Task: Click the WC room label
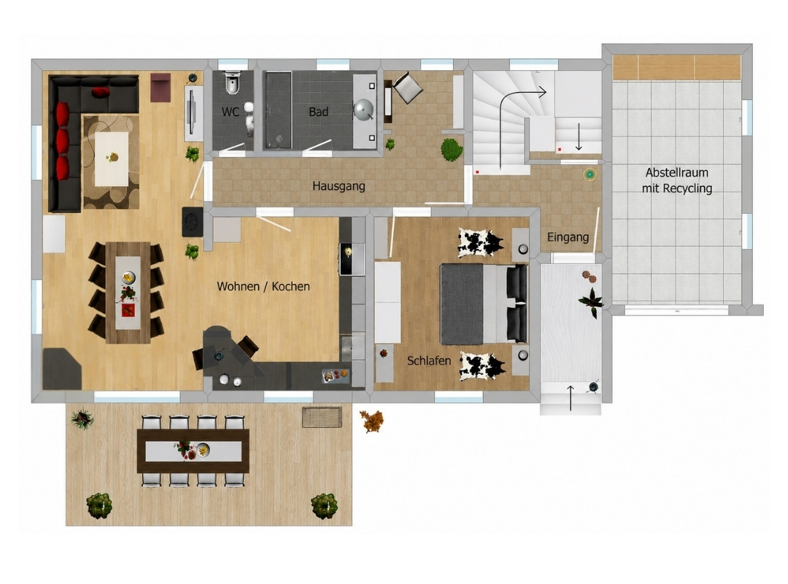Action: pos(231,112)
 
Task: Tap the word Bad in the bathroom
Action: pos(319,112)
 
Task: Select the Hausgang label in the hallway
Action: pos(339,186)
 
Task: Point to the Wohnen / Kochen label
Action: pos(263,286)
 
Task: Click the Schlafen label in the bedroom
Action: pos(429,361)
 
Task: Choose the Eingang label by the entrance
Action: pos(568,237)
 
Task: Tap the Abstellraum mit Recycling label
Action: pos(677,180)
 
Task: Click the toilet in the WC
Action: pos(232,83)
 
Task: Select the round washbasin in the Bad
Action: pos(363,109)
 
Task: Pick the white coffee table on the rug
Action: pos(112,158)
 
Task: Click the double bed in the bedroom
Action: pos(484,304)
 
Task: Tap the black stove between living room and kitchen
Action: pos(193,221)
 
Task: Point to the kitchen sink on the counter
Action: pos(353,347)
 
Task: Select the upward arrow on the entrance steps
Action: pos(571,397)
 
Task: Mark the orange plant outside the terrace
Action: pos(371,421)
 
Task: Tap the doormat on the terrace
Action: pos(322,417)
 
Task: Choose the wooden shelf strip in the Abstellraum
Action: pos(676,67)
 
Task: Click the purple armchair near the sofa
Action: pos(161,88)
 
